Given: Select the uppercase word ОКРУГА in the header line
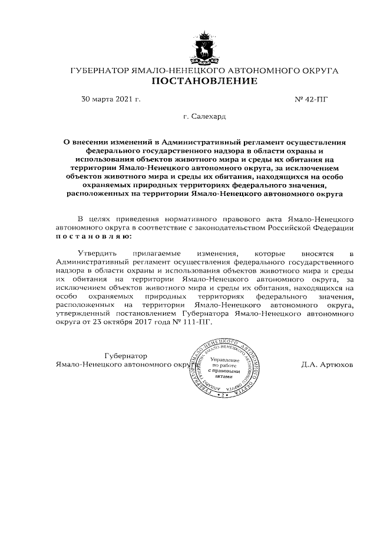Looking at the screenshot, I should point(318,70).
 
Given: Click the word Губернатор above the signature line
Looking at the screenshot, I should point(125,356).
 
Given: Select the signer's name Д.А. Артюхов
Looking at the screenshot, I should point(326,365).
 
